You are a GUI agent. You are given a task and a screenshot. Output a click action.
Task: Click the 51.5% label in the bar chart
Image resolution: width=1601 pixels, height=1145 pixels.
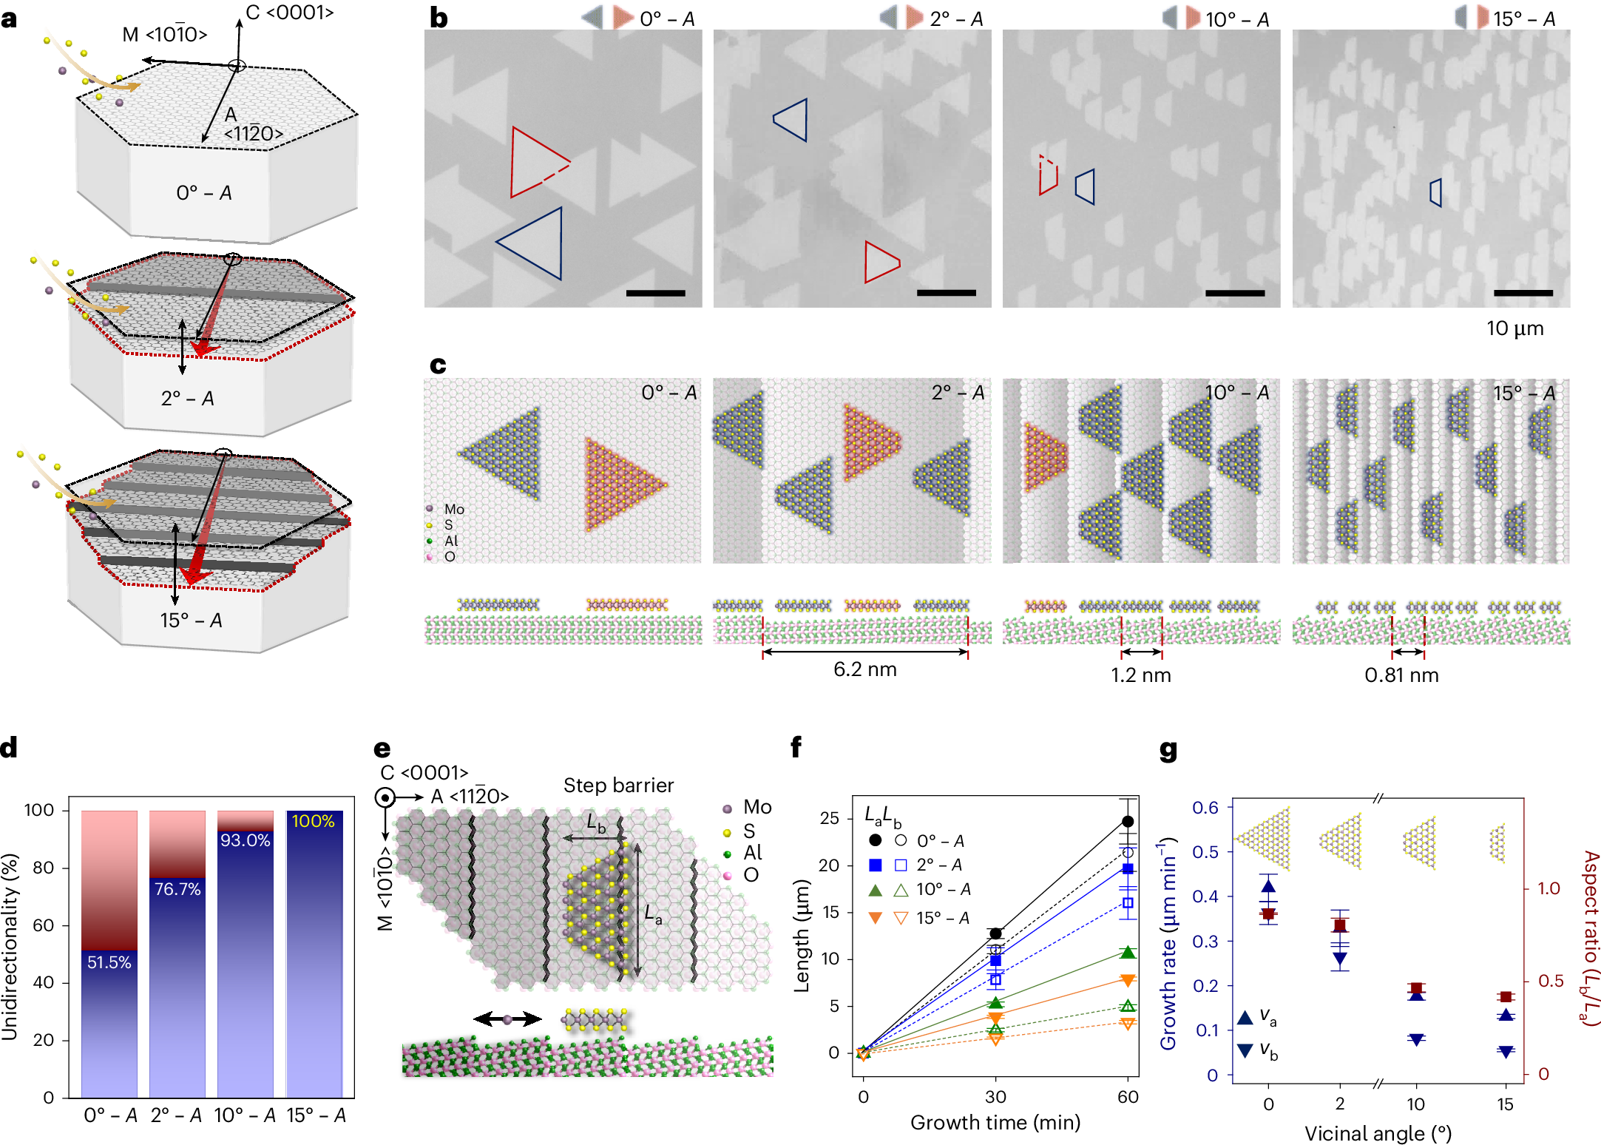[109, 962]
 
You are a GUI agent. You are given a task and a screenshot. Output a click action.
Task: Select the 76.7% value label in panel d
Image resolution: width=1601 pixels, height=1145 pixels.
[177, 889]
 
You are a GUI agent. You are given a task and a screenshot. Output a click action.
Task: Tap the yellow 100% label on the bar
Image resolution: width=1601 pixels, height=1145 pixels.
[313, 821]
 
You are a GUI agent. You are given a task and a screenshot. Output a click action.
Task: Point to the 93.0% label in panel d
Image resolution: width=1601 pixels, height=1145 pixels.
[245, 840]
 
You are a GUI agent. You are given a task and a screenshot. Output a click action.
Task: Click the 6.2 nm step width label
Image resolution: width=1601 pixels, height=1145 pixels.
[864, 669]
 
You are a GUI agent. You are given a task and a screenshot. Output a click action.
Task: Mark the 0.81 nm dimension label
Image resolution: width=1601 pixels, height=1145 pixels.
[1401, 675]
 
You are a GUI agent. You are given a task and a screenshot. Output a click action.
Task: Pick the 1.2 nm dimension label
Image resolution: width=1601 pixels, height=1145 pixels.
[1140, 675]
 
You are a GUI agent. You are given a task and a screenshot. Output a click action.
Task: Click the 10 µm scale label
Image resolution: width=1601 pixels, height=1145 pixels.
[1514, 328]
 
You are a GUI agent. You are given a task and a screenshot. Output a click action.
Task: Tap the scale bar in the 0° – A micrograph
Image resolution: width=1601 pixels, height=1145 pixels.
[655, 294]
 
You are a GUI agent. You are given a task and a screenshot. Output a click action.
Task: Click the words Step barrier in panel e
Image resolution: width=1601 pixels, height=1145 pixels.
[618, 786]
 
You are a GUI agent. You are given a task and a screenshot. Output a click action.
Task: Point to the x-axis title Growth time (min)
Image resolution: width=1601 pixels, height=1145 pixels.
[995, 1123]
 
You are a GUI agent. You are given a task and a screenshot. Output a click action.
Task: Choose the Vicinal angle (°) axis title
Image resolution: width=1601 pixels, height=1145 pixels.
[1378, 1133]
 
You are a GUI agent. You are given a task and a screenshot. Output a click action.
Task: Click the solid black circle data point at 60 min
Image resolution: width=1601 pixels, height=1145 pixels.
[1127, 822]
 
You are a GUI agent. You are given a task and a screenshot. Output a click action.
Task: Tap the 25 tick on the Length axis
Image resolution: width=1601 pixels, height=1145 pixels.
[829, 818]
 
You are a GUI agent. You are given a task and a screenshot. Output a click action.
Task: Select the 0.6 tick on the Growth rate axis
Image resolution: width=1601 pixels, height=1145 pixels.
[1205, 808]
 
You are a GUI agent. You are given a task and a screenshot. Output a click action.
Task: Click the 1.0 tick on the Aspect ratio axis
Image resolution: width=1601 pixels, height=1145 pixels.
[1548, 888]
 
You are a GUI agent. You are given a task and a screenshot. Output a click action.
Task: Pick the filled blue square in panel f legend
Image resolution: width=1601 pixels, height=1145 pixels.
[876, 865]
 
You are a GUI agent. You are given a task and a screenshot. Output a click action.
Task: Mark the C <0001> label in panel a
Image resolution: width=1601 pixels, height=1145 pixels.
[289, 13]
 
